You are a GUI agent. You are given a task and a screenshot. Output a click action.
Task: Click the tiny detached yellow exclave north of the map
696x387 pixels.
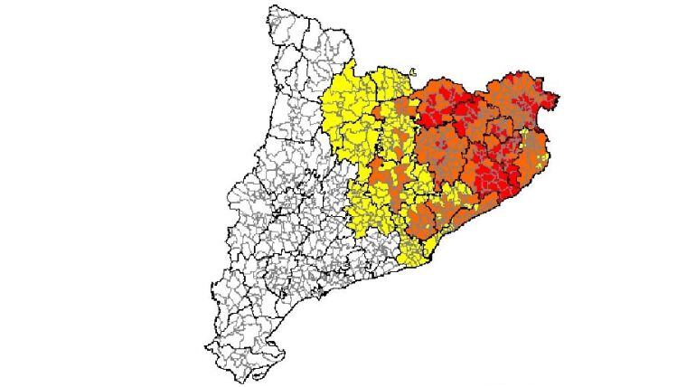[x=413, y=73]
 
